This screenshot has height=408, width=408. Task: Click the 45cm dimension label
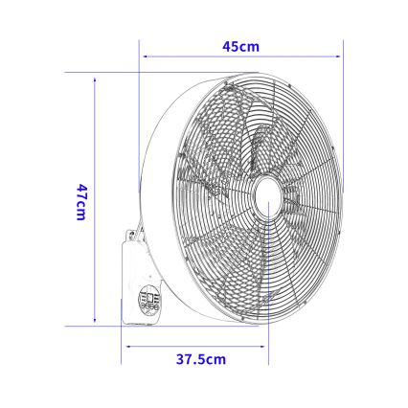(x=240, y=45)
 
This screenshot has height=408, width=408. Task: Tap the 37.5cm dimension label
(x=201, y=359)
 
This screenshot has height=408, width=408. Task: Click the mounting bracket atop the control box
(x=132, y=233)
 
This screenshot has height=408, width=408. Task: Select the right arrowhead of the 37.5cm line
(x=267, y=348)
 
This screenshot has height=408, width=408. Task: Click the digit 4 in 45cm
(x=226, y=45)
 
